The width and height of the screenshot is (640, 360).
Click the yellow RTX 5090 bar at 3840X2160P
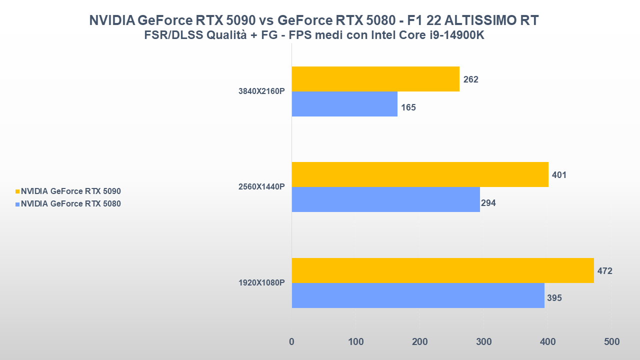click(375, 79)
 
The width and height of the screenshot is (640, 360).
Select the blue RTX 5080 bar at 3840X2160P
click(344, 104)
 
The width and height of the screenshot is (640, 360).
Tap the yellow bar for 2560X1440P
click(420, 174)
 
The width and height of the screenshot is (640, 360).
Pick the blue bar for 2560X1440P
click(385, 199)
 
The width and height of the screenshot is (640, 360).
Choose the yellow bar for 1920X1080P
click(442, 270)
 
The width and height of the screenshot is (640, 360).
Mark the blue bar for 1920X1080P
click(418, 295)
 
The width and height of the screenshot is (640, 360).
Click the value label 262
click(470, 79)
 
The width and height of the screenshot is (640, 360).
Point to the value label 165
click(408, 107)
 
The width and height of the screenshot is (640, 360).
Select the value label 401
click(559, 175)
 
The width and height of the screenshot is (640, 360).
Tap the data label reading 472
click(604, 271)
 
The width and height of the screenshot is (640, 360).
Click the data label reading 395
click(554, 298)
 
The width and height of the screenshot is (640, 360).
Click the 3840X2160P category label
click(261, 91)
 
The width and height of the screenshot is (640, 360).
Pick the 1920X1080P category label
click(261, 283)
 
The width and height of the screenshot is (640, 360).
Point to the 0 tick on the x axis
click(291, 342)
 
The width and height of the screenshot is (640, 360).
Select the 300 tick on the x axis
click(483, 342)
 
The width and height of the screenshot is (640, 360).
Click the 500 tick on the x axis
click(611, 342)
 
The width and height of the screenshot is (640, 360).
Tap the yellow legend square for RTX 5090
click(18, 191)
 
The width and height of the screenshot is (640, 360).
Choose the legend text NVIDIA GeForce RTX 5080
click(70, 203)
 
